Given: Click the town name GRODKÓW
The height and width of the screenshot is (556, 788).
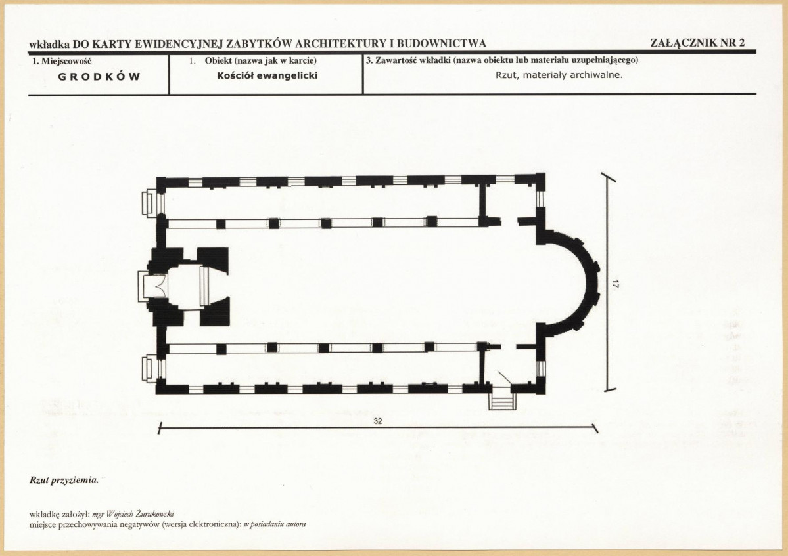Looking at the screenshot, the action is pos(99,77).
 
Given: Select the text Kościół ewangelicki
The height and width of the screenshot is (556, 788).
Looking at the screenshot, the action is pos(267,75).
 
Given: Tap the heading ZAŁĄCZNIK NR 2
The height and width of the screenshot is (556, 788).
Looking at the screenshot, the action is pos(697,43).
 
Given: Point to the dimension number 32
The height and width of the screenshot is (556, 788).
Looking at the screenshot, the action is pos(378,421).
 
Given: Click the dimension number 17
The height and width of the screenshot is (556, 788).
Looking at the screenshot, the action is pos(616,284).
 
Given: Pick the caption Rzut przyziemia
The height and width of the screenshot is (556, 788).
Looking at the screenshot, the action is pos(64,481).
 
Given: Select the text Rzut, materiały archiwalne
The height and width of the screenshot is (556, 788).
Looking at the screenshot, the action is pos(559,75).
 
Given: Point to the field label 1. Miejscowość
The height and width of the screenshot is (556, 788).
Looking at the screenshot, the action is pos(62,61).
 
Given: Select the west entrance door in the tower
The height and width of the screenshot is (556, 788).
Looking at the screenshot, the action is pos(152,287).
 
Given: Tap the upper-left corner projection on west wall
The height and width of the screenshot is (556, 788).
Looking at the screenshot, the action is pos(149,203).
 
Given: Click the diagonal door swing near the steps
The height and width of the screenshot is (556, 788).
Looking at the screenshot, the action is pos(504,378).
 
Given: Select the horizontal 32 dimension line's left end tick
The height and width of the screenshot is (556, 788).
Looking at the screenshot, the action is pos(160,428).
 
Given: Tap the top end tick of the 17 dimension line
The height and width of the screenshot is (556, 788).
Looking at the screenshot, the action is pos(609,176).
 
